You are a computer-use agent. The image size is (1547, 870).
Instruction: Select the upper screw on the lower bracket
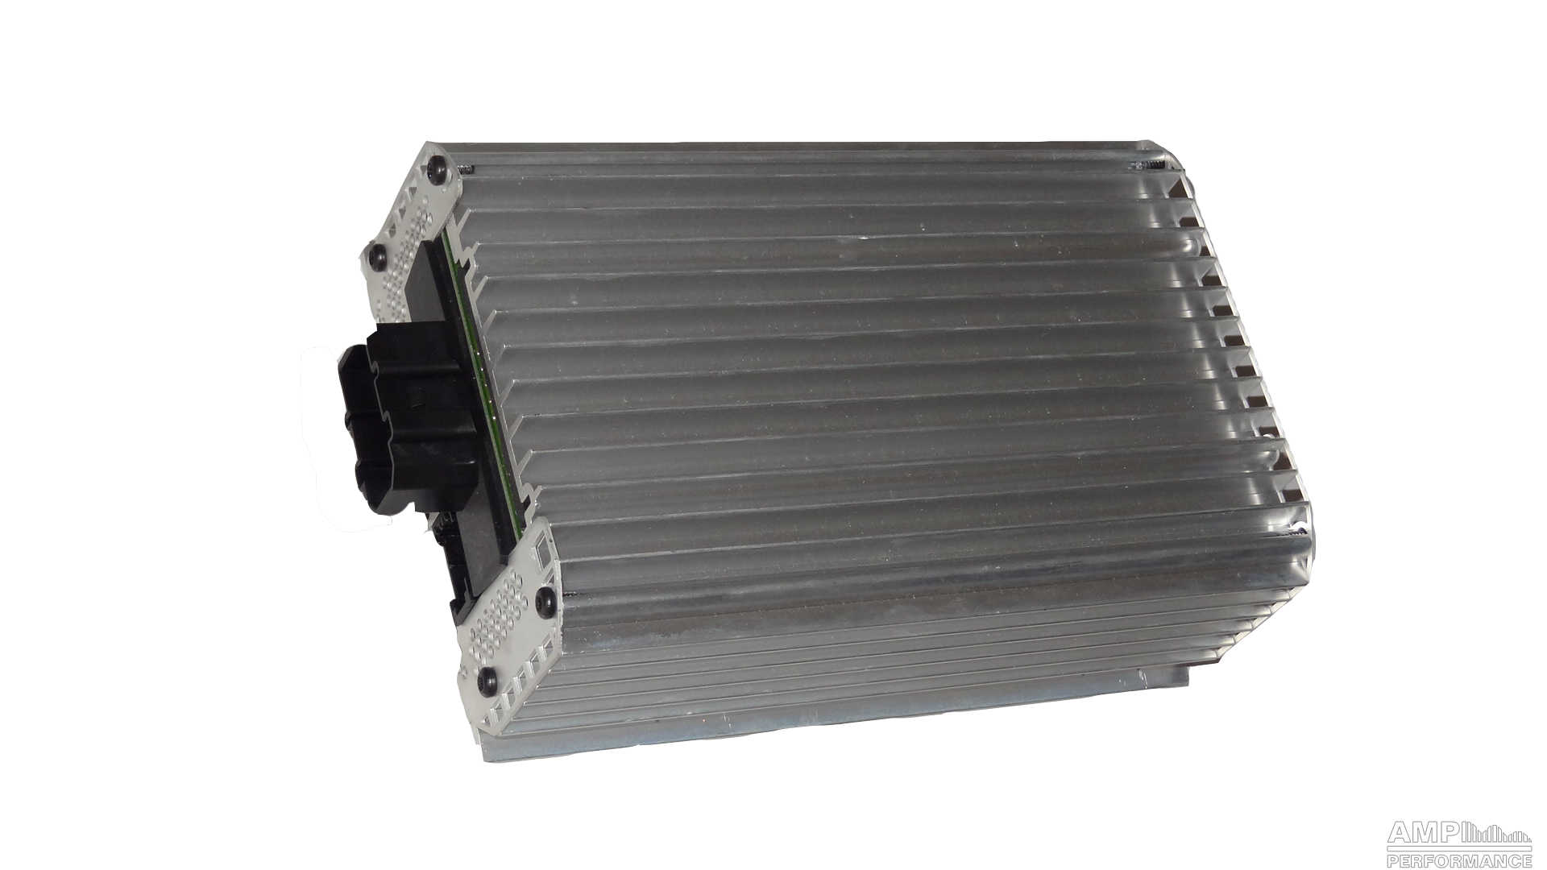[547, 599]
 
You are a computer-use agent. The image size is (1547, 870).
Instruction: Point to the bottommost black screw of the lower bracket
[487, 678]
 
